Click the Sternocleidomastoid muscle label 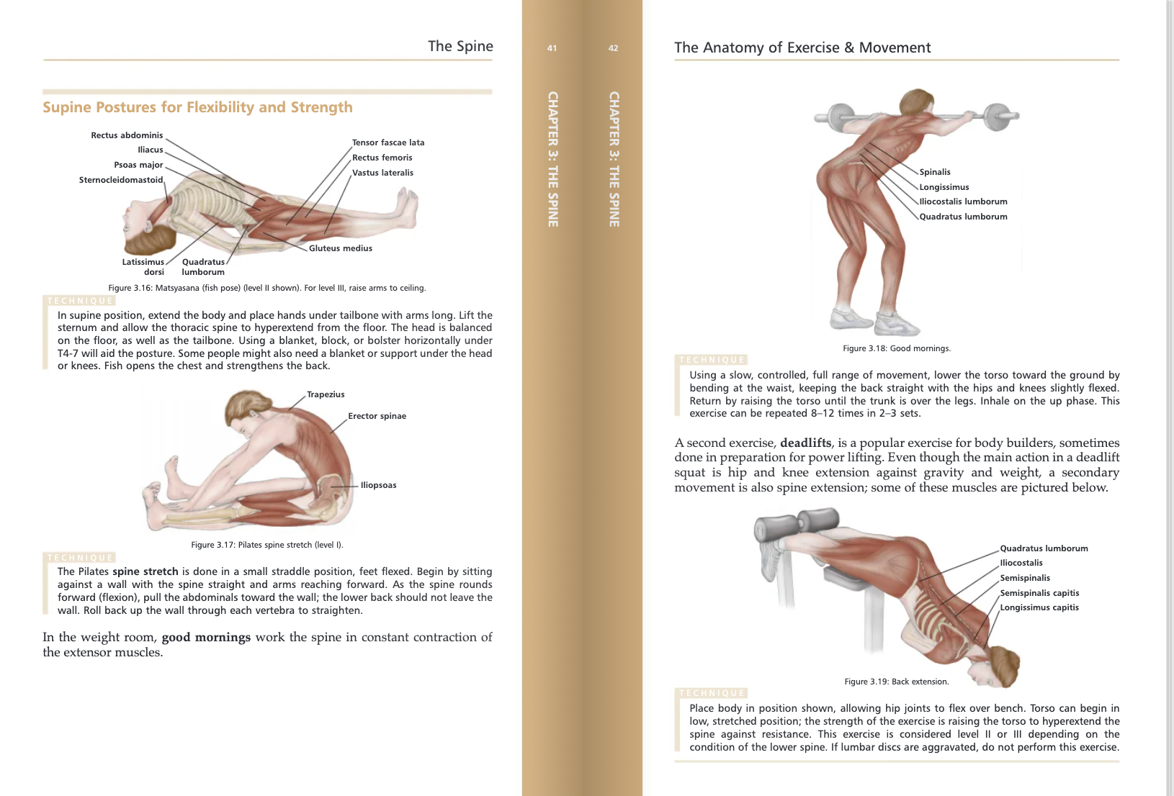(x=121, y=180)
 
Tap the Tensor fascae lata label (x=387, y=143)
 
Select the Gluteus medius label (x=340, y=248)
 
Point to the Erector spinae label (x=377, y=416)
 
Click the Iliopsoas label (x=378, y=485)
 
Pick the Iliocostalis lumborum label (x=963, y=202)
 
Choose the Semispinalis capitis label (x=1039, y=593)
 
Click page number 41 (x=552, y=48)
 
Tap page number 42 (x=613, y=48)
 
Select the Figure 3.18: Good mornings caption (x=896, y=348)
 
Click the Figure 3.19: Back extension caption (x=896, y=682)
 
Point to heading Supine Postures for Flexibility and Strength (x=197, y=107)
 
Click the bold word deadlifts (x=805, y=443)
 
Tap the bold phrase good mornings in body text (x=206, y=638)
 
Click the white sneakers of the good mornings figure (x=875, y=320)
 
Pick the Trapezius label (x=326, y=394)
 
